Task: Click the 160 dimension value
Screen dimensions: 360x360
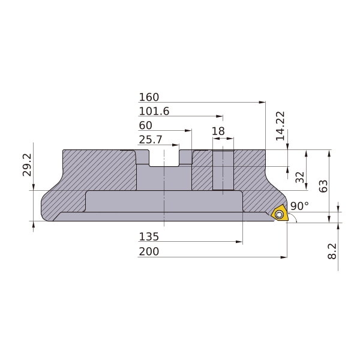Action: (149, 97)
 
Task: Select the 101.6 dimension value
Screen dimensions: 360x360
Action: (154, 112)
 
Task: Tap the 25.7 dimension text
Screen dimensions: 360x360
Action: (151, 140)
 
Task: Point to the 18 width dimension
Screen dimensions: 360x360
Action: (218, 131)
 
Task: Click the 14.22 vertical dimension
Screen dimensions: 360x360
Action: (280, 126)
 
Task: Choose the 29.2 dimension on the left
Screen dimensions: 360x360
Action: (27, 165)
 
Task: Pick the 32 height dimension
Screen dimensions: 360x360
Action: (299, 177)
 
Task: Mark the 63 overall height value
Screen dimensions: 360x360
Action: (323, 186)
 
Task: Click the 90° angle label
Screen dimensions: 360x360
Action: (299, 206)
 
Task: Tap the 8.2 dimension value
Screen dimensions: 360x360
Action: (332, 251)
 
